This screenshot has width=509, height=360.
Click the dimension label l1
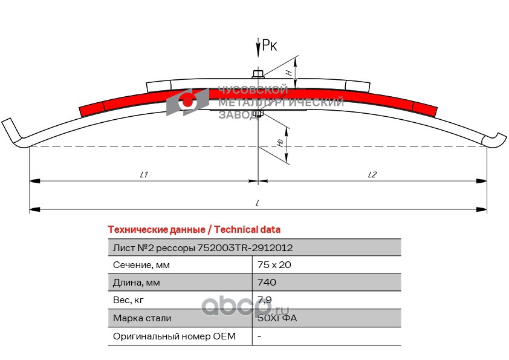coord(144,174)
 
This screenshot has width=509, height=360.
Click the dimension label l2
coord(372,174)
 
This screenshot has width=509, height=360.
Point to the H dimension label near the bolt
coord(289,71)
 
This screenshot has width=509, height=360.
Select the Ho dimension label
coord(279,142)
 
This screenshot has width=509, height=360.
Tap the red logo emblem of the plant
coord(187,101)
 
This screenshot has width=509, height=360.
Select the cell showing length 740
coord(267,282)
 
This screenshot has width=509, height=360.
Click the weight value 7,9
coord(264,299)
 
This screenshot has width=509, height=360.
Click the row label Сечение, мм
coord(141,264)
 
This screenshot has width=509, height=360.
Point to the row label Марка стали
coord(142,318)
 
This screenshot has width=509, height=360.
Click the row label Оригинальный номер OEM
coord(174,335)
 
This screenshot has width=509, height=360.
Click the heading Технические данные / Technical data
coord(194,230)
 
